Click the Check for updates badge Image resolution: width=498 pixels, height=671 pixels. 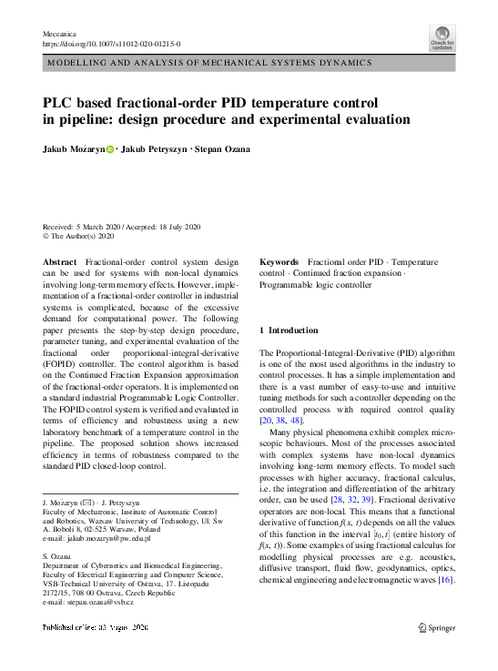tap(442, 38)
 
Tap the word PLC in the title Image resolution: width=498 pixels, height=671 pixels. tap(61, 103)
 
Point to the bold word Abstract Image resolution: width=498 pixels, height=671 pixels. tap(60, 261)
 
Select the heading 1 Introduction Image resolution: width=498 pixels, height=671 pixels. tap(289, 330)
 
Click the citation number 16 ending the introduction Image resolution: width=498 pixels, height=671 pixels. tap(445, 580)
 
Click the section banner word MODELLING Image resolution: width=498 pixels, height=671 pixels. tap(78, 63)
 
